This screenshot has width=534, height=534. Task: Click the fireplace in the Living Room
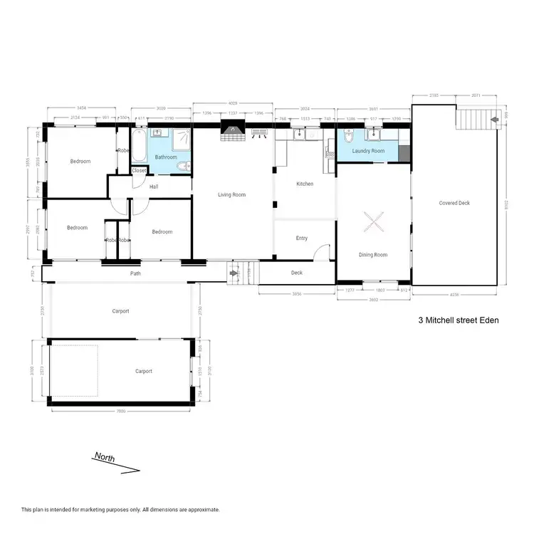coord(231,129)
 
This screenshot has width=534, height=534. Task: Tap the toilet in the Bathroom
coord(183,166)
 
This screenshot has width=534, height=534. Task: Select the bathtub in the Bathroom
coord(138,146)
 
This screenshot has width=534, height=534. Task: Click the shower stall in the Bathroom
coord(182,140)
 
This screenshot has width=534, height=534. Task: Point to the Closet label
coord(140,171)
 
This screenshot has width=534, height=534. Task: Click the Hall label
coord(154,187)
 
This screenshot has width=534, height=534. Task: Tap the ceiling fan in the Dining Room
coord(373,222)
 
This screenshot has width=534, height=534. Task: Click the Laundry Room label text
coord(368,151)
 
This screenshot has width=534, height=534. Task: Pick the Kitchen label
coord(305,184)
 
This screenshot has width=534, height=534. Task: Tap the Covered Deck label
coord(454,203)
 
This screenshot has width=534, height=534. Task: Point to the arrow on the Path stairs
coord(234,272)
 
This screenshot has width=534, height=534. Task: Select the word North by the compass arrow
coord(105,457)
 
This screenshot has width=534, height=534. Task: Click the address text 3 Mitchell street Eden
coord(459,320)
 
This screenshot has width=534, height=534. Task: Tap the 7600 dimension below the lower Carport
coord(120,411)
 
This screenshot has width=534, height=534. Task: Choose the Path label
coord(135,273)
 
